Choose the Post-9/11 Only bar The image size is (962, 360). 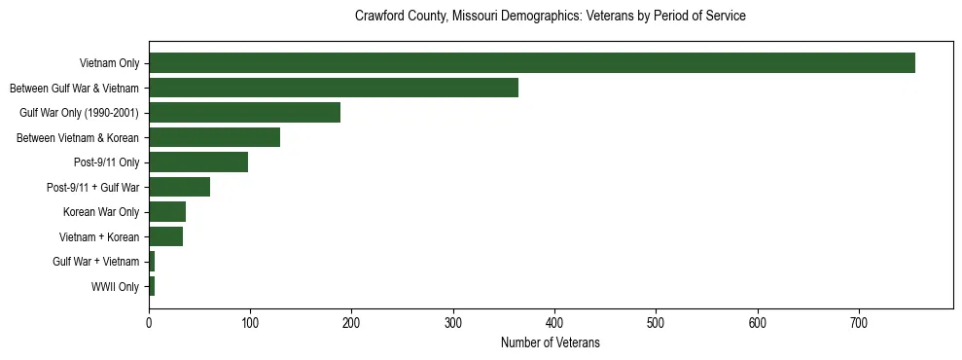(x=198, y=162)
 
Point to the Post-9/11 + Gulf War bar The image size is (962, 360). (x=179, y=187)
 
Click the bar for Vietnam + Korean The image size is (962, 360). (x=165, y=236)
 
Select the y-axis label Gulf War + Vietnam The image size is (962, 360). (x=96, y=262)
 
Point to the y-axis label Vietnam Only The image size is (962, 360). (x=109, y=63)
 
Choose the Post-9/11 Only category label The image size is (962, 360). (x=106, y=162)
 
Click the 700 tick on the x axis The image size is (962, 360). (x=859, y=320)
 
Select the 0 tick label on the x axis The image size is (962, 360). (x=149, y=320)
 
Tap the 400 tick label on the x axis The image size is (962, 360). (x=554, y=320)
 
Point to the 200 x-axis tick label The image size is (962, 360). (x=352, y=320)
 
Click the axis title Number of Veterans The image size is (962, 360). (x=550, y=342)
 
